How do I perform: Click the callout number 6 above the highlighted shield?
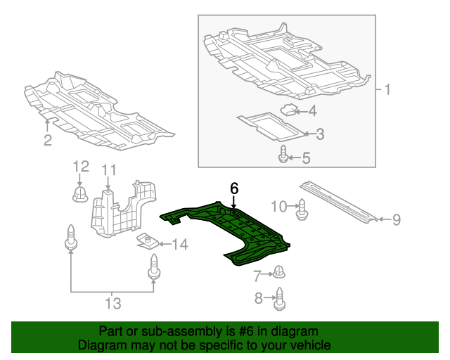click(234, 188)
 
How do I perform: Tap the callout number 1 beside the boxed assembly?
click(387, 90)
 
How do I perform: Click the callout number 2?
click(47, 141)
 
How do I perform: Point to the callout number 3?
click(319, 134)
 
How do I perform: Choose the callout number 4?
click(311, 110)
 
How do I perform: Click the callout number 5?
click(306, 158)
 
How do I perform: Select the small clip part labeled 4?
click(288, 109)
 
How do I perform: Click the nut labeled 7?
click(278, 271)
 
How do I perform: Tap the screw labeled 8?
click(279, 298)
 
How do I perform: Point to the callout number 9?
click(396, 220)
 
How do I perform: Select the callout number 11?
click(108, 169)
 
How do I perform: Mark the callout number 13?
click(112, 304)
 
